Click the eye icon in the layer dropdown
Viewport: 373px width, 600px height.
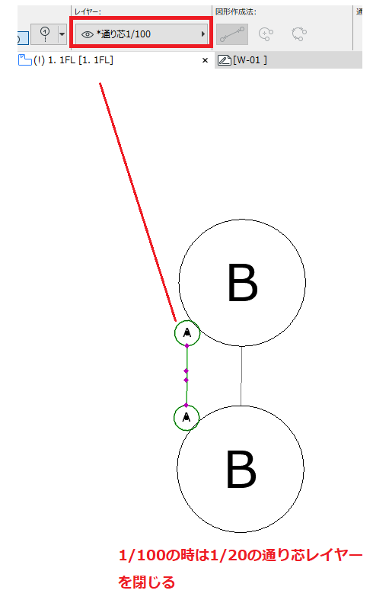[87, 34]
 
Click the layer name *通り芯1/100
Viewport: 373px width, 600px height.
[123, 34]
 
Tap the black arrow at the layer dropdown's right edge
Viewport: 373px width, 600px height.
[203, 34]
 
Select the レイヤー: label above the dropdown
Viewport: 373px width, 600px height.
[88, 12]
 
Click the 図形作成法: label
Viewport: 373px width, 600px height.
[235, 11]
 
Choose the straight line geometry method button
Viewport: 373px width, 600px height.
[232, 34]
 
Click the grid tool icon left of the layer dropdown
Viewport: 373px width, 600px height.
[45, 34]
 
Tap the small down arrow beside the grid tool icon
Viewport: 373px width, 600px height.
[62, 34]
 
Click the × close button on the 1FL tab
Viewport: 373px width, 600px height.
[206, 60]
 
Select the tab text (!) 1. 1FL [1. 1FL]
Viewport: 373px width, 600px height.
[73, 60]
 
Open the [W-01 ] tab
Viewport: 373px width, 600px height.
[250, 60]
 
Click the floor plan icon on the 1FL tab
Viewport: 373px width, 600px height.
[25, 60]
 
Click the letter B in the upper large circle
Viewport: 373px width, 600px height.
[242, 283]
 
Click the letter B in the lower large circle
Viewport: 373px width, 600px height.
[241, 469]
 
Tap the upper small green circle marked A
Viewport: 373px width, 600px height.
[187, 333]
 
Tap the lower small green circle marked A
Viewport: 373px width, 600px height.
[186, 418]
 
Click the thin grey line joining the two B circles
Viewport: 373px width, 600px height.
[241, 376]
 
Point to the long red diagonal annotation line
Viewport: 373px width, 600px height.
[138, 202]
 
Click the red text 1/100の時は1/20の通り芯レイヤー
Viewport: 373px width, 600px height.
[241, 555]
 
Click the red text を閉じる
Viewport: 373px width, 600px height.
[146, 582]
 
